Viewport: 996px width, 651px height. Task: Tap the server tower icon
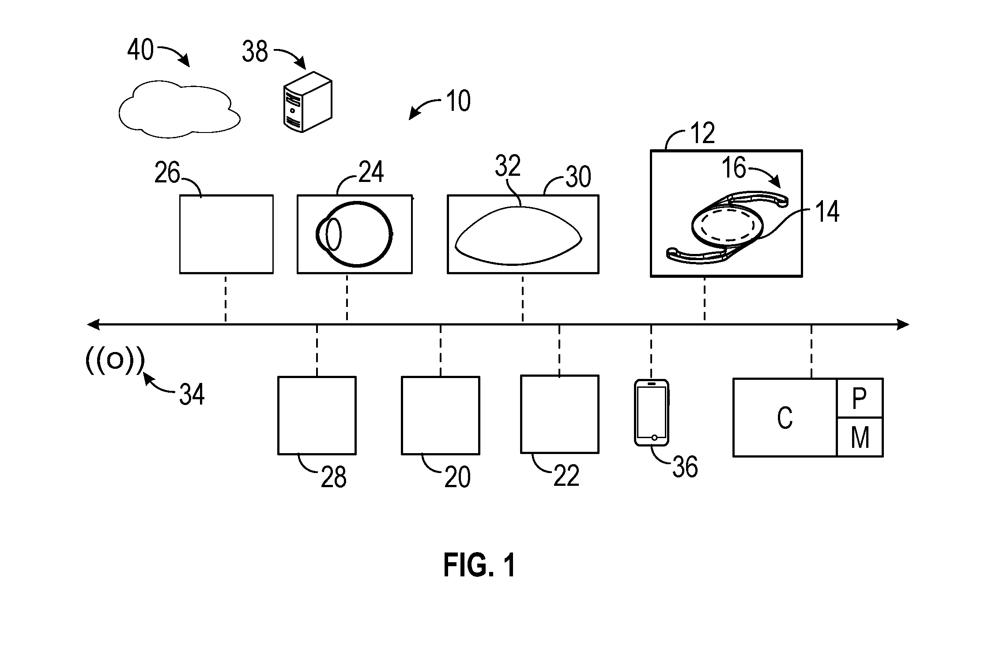coord(307,102)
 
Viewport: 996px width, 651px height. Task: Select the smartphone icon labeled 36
coord(652,412)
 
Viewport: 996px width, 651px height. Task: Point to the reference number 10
coord(458,101)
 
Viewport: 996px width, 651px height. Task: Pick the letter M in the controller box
coord(860,438)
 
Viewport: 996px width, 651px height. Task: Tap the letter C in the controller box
coord(785,417)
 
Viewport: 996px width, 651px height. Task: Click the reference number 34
coord(192,394)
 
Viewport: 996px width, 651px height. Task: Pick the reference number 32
coord(508,166)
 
